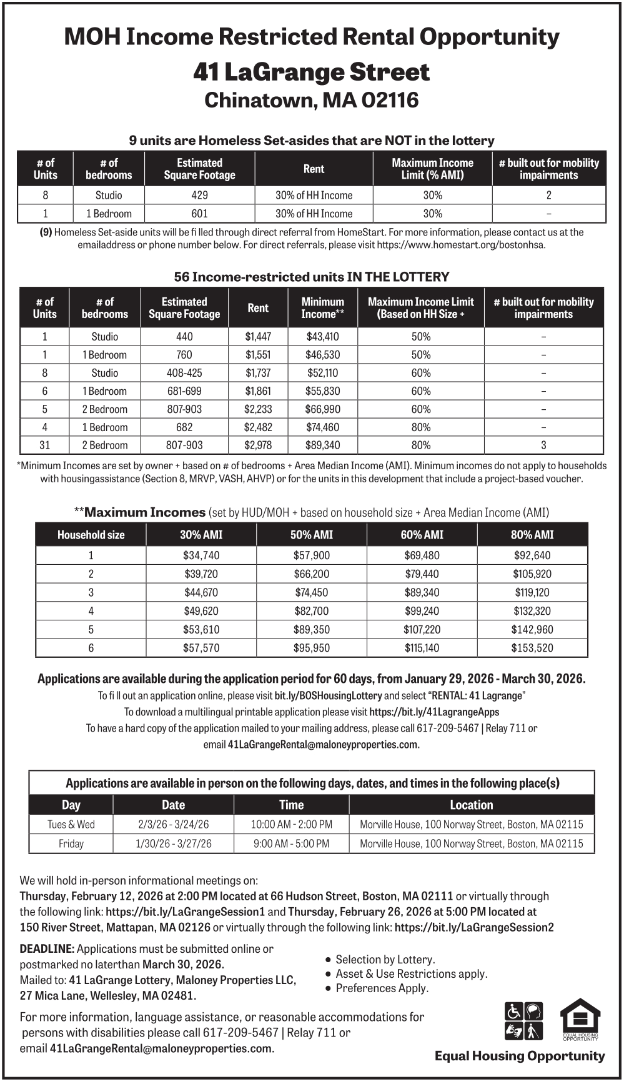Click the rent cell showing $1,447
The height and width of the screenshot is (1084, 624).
pyautogui.click(x=258, y=337)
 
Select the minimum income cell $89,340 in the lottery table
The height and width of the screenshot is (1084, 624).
pyautogui.click(x=322, y=445)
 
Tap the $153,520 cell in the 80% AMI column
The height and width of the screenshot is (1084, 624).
pyautogui.click(x=532, y=648)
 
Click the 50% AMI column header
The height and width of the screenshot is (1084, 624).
pyautogui.click(x=312, y=535)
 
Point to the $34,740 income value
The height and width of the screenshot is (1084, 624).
pyautogui.click(x=201, y=555)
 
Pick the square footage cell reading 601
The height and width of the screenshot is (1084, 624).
pyautogui.click(x=200, y=214)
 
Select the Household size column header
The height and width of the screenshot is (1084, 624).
pyautogui.click(x=91, y=535)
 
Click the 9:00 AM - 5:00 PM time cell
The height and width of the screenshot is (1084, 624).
pyautogui.click(x=291, y=843)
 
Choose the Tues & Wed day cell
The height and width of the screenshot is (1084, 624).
pyautogui.click(x=71, y=824)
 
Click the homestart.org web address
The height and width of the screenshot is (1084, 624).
pyautogui.click(x=461, y=245)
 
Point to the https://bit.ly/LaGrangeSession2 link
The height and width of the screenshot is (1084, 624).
pyautogui.click(x=474, y=928)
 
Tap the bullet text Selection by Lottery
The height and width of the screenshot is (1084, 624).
pyautogui.click(x=385, y=960)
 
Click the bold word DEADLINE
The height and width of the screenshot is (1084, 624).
pyautogui.click(x=47, y=949)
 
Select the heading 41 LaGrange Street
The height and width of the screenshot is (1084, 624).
pyautogui.click(x=311, y=72)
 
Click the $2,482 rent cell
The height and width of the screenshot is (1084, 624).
pyautogui.click(x=258, y=427)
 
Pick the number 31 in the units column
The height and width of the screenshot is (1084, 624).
pyautogui.click(x=45, y=445)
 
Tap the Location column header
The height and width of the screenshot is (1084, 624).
pyautogui.click(x=472, y=805)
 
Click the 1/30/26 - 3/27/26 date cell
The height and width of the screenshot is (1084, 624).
pyautogui.click(x=174, y=843)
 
